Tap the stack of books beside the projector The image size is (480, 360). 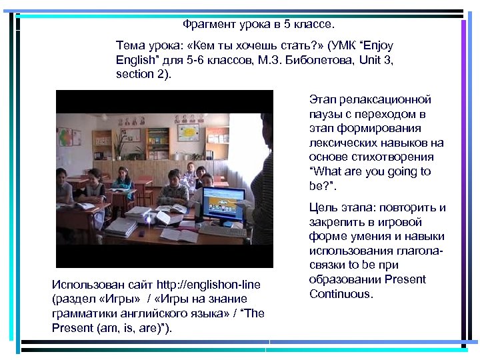pyautogui.click(x=121, y=227)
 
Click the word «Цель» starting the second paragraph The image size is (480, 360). pyautogui.click(x=323, y=207)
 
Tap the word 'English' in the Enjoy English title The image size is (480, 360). pyautogui.click(x=135, y=61)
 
